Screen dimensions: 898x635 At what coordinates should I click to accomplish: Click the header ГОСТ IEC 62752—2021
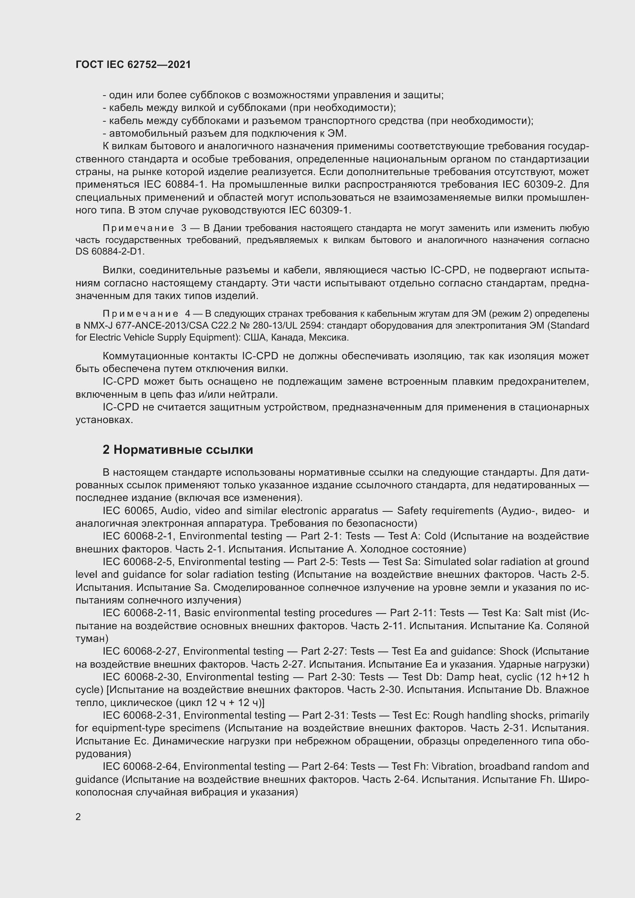tap(133, 65)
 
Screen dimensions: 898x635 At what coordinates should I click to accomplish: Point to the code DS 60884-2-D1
tap(109, 252)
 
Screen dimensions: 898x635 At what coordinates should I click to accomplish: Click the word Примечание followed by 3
tap(139, 228)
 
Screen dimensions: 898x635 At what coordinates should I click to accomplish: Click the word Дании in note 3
tap(227, 228)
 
